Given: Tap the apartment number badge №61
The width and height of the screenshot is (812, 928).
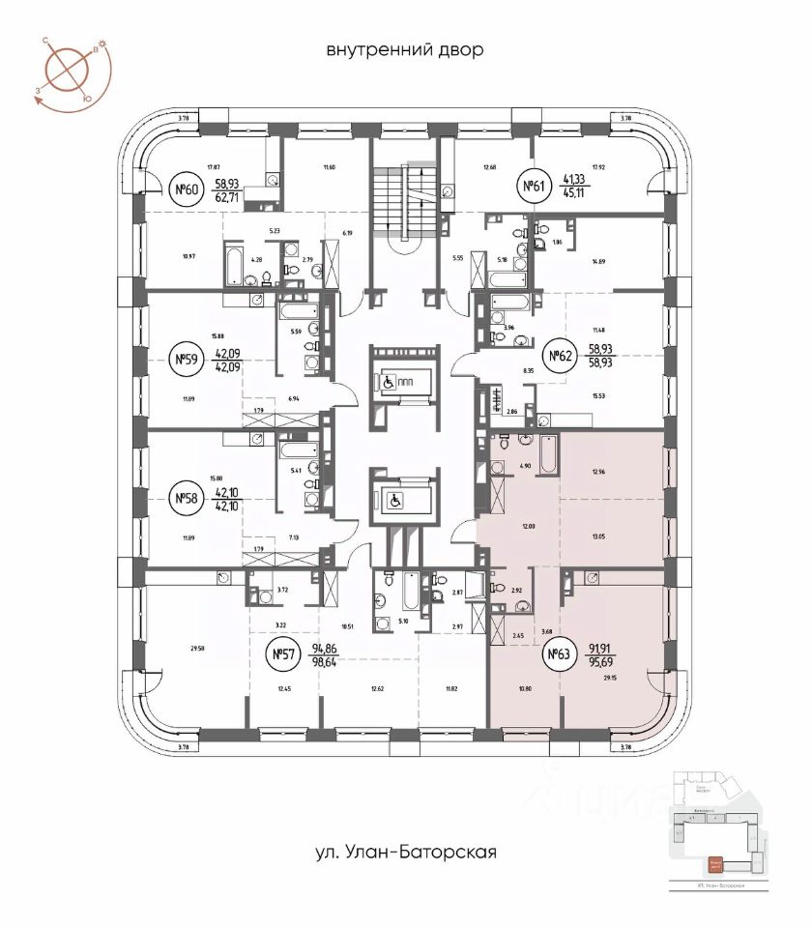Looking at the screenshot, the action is [x=532, y=187].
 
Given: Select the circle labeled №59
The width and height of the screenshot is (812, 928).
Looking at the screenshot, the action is [x=185, y=361].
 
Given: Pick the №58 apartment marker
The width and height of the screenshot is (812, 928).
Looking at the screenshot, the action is [x=185, y=499].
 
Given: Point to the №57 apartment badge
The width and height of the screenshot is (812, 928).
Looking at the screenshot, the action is [x=282, y=655].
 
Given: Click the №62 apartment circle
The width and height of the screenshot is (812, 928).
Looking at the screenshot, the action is [x=558, y=356].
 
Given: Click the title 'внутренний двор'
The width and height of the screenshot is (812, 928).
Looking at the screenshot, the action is [x=405, y=49].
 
